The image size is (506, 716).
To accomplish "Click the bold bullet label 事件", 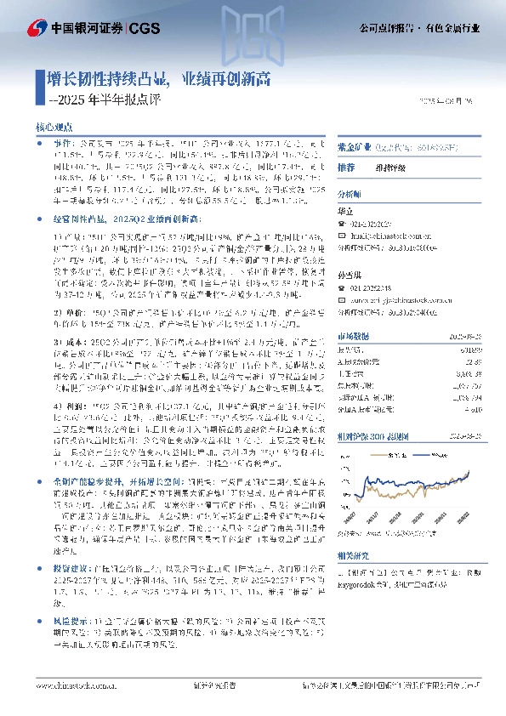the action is click(63, 145).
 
